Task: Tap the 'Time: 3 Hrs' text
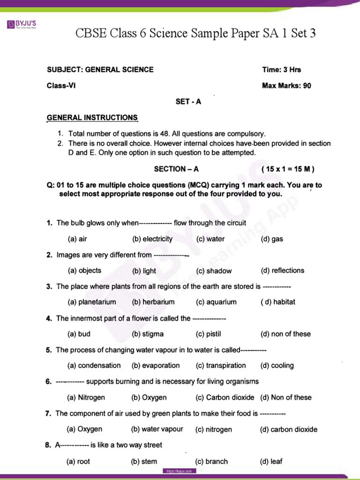(x=282, y=70)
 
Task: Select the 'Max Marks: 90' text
(x=286, y=86)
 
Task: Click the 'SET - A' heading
(x=188, y=102)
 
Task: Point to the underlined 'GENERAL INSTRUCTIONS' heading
(x=92, y=118)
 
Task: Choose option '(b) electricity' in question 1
(x=152, y=239)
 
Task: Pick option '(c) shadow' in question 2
(x=214, y=271)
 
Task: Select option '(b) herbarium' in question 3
(x=153, y=302)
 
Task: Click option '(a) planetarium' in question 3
(x=92, y=302)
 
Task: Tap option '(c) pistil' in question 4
(x=208, y=334)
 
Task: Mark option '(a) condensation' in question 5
(x=94, y=366)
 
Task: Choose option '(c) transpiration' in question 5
(x=221, y=366)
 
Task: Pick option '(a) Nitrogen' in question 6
(x=86, y=397)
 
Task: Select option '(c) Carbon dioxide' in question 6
(x=225, y=397)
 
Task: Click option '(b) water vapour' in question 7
(x=157, y=429)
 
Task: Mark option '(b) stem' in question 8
(x=144, y=462)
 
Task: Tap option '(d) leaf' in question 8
(x=271, y=462)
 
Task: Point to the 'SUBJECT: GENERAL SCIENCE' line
(x=100, y=70)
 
